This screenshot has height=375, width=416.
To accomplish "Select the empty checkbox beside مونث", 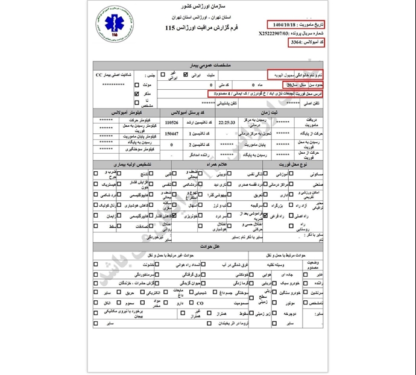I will click(x=137, y=85).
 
